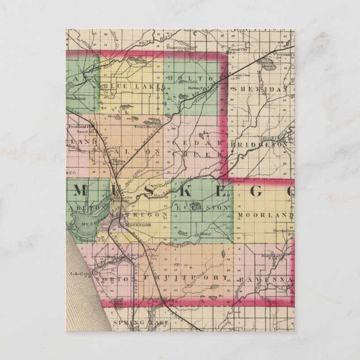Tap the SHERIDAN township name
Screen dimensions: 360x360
tap(263, 89)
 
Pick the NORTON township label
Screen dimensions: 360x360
tap(108, 278)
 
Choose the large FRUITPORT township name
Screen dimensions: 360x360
tap(184, 277)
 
